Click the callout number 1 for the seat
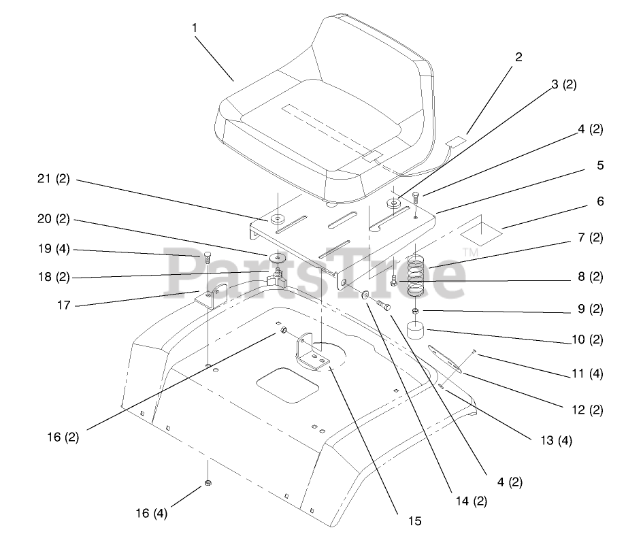195,28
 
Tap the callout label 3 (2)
563,84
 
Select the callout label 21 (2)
52,180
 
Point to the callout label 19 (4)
52,250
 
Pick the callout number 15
415,522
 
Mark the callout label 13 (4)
555,440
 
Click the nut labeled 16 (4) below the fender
209,484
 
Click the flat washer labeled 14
365,295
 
